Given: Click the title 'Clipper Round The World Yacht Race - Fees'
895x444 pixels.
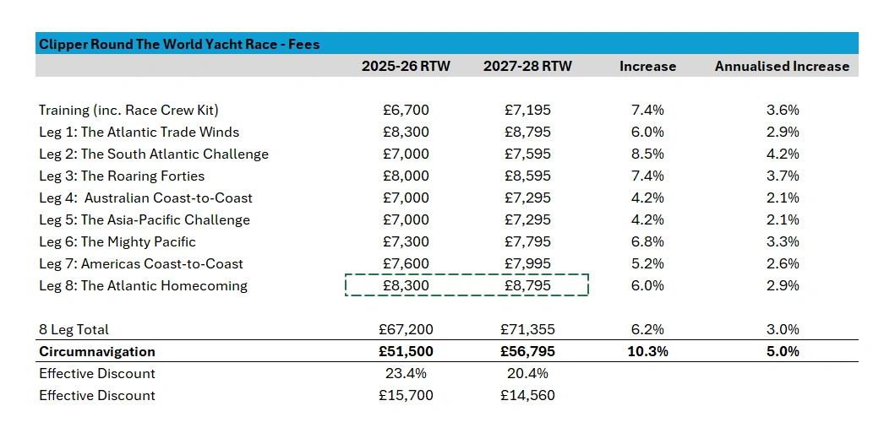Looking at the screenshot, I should (179, 44).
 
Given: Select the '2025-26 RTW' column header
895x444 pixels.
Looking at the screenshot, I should (406, 66).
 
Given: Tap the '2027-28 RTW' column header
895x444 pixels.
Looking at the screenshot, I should (527, 66).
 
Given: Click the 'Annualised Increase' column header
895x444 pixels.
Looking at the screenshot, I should (782, 66).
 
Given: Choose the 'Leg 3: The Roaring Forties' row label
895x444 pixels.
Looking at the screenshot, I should (122, 176).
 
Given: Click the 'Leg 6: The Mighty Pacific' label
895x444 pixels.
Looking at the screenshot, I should (117, 241).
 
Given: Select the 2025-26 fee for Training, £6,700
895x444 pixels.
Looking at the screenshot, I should (406, 110).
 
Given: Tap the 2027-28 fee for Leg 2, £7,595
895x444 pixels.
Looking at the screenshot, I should (527, 154).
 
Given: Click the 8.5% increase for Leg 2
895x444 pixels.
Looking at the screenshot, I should (647, 154).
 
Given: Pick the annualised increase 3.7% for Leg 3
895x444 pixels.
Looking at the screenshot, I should (782, 176).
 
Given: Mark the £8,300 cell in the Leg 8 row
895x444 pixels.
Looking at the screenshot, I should (406, 285).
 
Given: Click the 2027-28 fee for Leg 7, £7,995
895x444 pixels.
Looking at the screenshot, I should (527, 263).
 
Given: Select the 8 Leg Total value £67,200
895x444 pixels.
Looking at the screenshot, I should (406, 329).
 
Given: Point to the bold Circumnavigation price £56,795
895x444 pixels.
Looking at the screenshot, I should (527, 351).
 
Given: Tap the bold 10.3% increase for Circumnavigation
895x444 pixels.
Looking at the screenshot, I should (647, 351).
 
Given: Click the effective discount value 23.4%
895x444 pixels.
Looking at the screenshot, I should (406, 373).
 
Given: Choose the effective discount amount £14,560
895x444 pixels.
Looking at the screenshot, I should (527, 395).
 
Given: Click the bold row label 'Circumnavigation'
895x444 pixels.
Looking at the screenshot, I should (97, 351).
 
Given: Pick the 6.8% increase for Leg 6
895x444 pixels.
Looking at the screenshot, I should (647, 241).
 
